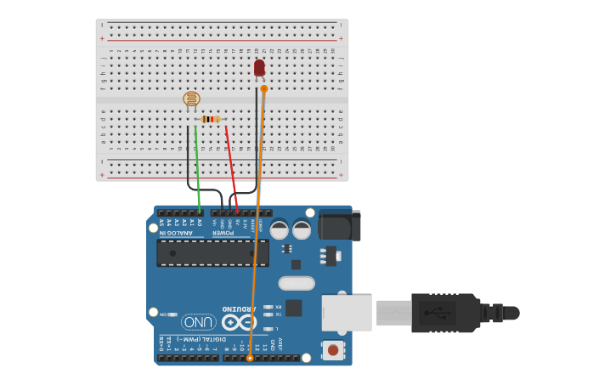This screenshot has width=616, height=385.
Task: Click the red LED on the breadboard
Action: (x=259, y=68)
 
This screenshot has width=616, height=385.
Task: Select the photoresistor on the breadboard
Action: (x=192, y=99)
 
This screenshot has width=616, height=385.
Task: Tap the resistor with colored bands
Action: (x=211, y=119)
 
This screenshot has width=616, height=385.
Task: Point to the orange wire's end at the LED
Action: (x=264, y=88)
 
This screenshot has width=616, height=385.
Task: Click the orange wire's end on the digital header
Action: (x=250, y=359)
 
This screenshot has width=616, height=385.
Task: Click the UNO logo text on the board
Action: (x=198, y=322)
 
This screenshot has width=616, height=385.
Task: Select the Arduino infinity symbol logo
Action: (x=239, y=322)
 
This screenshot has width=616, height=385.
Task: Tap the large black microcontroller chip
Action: (x=212, y=252)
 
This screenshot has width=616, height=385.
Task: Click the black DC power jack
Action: (x=339, y=225)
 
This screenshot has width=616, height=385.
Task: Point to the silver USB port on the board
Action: (x=347, y=313)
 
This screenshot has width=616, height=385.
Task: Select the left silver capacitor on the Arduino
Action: (x=279, y=229)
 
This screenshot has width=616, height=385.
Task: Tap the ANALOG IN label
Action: (x=182, y=232)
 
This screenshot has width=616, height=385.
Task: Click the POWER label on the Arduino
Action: (x=223, y=232)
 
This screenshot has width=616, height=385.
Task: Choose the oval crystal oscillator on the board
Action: (x=297, y=283)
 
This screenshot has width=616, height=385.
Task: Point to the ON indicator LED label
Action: (x=163, y=314)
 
